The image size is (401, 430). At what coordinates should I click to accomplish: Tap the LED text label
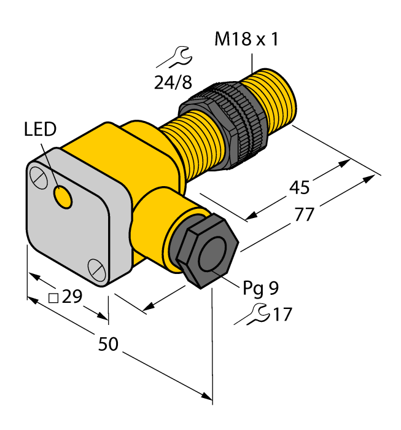point(40,130)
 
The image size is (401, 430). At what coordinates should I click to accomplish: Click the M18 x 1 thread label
point(246,41)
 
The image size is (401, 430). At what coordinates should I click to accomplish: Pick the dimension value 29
point(72,297)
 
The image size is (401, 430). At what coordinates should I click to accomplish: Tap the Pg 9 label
point(262,287)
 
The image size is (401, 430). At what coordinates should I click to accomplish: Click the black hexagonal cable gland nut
point(203,252)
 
